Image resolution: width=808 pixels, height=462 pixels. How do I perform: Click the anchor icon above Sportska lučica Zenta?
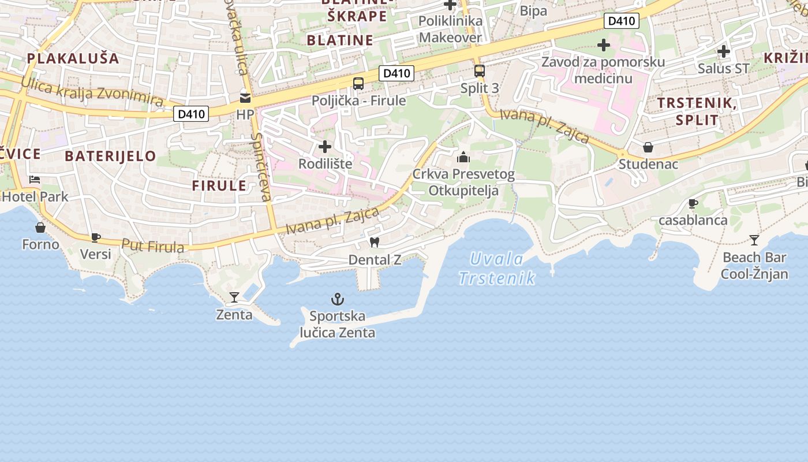click(337, 299)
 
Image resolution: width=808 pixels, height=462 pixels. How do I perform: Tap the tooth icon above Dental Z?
click(374, 243)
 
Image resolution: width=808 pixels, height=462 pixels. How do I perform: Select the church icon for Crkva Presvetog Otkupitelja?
click(463, 157)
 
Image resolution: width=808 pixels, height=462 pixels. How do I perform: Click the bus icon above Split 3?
click(479, 71)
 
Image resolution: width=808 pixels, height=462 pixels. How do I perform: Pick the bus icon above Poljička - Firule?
click(358, 84)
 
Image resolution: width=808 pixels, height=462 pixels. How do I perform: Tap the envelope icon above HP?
click(245, 98)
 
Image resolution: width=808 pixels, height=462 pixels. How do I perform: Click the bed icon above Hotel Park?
click(35, 180)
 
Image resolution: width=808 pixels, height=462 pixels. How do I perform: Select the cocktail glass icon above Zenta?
click(234, 297)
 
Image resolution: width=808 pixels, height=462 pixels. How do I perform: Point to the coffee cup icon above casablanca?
click(693, 203)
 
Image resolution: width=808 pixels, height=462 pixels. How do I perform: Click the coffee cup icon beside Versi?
click(96, 237)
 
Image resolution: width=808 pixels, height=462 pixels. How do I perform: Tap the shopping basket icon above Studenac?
click(648, 147)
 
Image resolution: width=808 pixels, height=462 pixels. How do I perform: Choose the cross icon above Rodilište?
click(325, 147)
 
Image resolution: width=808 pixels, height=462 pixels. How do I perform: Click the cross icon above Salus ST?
click(723, 51)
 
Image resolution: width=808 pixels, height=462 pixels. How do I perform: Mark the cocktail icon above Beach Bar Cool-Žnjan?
click(754, 240)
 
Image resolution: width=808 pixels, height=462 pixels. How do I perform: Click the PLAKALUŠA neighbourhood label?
click(73, 58)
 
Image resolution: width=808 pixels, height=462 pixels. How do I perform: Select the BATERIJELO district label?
click(110, 156)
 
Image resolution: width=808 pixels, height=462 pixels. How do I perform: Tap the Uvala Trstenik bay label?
click(496, 269)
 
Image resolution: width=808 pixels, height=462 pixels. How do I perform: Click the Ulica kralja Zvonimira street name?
click(92, 91)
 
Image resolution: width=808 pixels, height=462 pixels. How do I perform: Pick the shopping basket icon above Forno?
click(40, 228)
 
